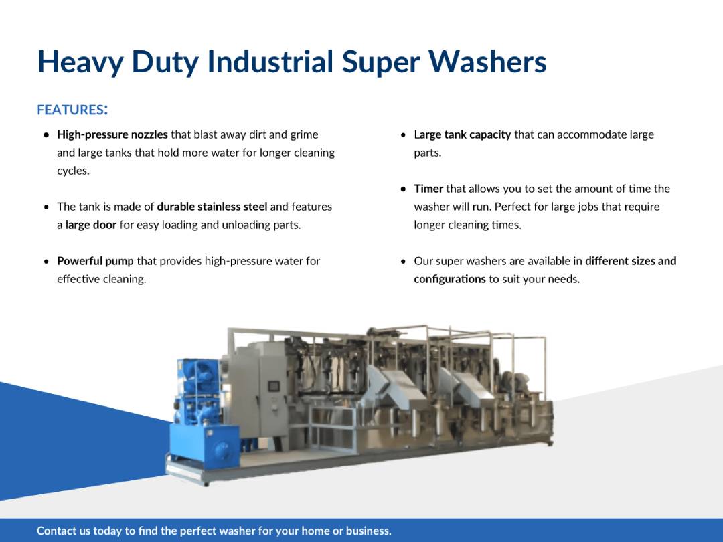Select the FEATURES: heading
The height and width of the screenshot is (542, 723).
click(72, 109)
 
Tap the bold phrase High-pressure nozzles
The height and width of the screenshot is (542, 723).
click(112, 134)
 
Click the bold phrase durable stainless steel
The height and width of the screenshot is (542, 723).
click(212, 207)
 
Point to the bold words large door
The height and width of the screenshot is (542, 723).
click(91, 225)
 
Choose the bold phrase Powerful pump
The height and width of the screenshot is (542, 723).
click(95, 261)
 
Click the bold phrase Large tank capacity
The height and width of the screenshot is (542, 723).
click(462, 134)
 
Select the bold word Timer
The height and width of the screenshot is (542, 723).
click(428, 189)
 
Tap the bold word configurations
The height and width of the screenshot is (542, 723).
click(449, 279)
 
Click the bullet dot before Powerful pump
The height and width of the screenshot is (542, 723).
click(46, 262)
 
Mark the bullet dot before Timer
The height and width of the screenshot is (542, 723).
click(403, 189)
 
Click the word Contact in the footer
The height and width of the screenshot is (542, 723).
click(56, 531)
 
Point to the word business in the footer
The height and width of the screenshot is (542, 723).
click(366, 531)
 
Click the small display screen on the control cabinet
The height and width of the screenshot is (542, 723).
click(274, 386)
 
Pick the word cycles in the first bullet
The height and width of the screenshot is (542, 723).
click(72, 171)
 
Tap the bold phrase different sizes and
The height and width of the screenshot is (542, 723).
click(630, 261)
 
